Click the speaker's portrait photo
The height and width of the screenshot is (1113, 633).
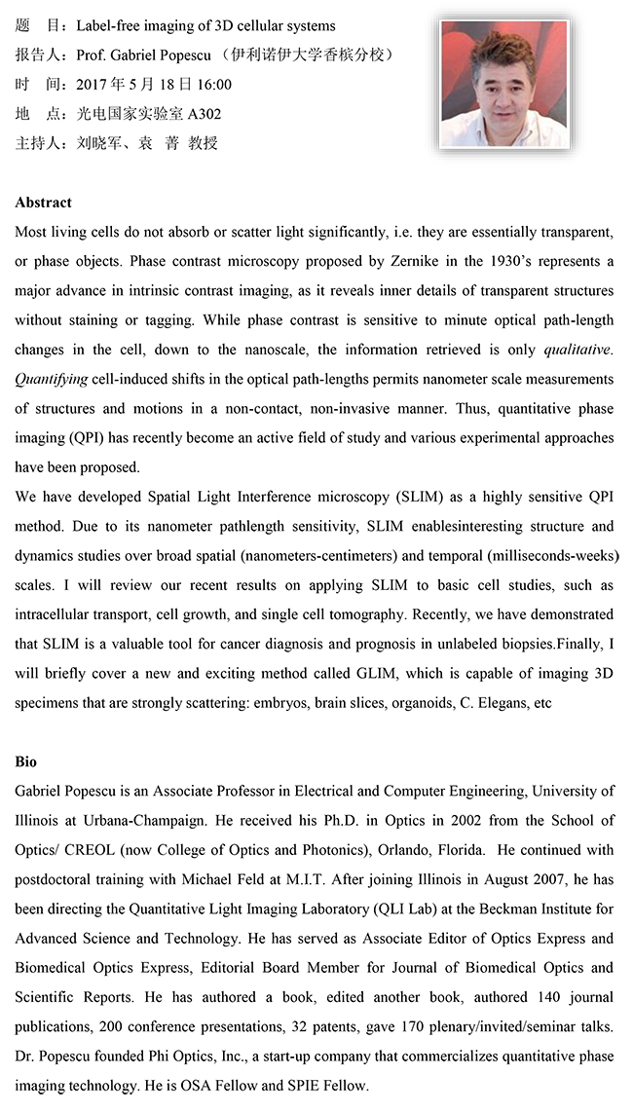503,85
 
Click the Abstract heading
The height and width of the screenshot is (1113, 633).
43,203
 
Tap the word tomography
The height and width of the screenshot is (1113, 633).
366,614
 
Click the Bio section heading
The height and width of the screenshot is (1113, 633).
26,761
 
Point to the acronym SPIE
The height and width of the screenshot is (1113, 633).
289,1085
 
